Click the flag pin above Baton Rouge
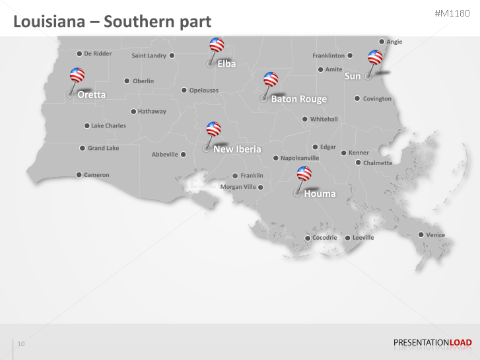coord(271,80)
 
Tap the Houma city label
coord(320,194)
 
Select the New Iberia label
coord(237,149)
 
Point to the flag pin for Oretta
coord(77,75)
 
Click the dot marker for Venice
coord(421,234)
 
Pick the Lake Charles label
coord(108,126)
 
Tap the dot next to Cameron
coord(79,175)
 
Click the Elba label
coord(226,64)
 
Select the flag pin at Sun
coord(376,57)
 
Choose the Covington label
coord(377,98)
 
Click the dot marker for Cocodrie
coord(307,238)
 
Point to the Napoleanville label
coord(300,158)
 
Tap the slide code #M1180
coord(453,14)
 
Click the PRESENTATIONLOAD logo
coord(432,342)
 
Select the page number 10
coord(21,343)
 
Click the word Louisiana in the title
coord(47,22)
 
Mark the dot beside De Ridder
coord(79,54)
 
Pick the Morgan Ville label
coord(238,187)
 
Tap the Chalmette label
coord(378,162)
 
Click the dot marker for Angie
coord(381,42)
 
